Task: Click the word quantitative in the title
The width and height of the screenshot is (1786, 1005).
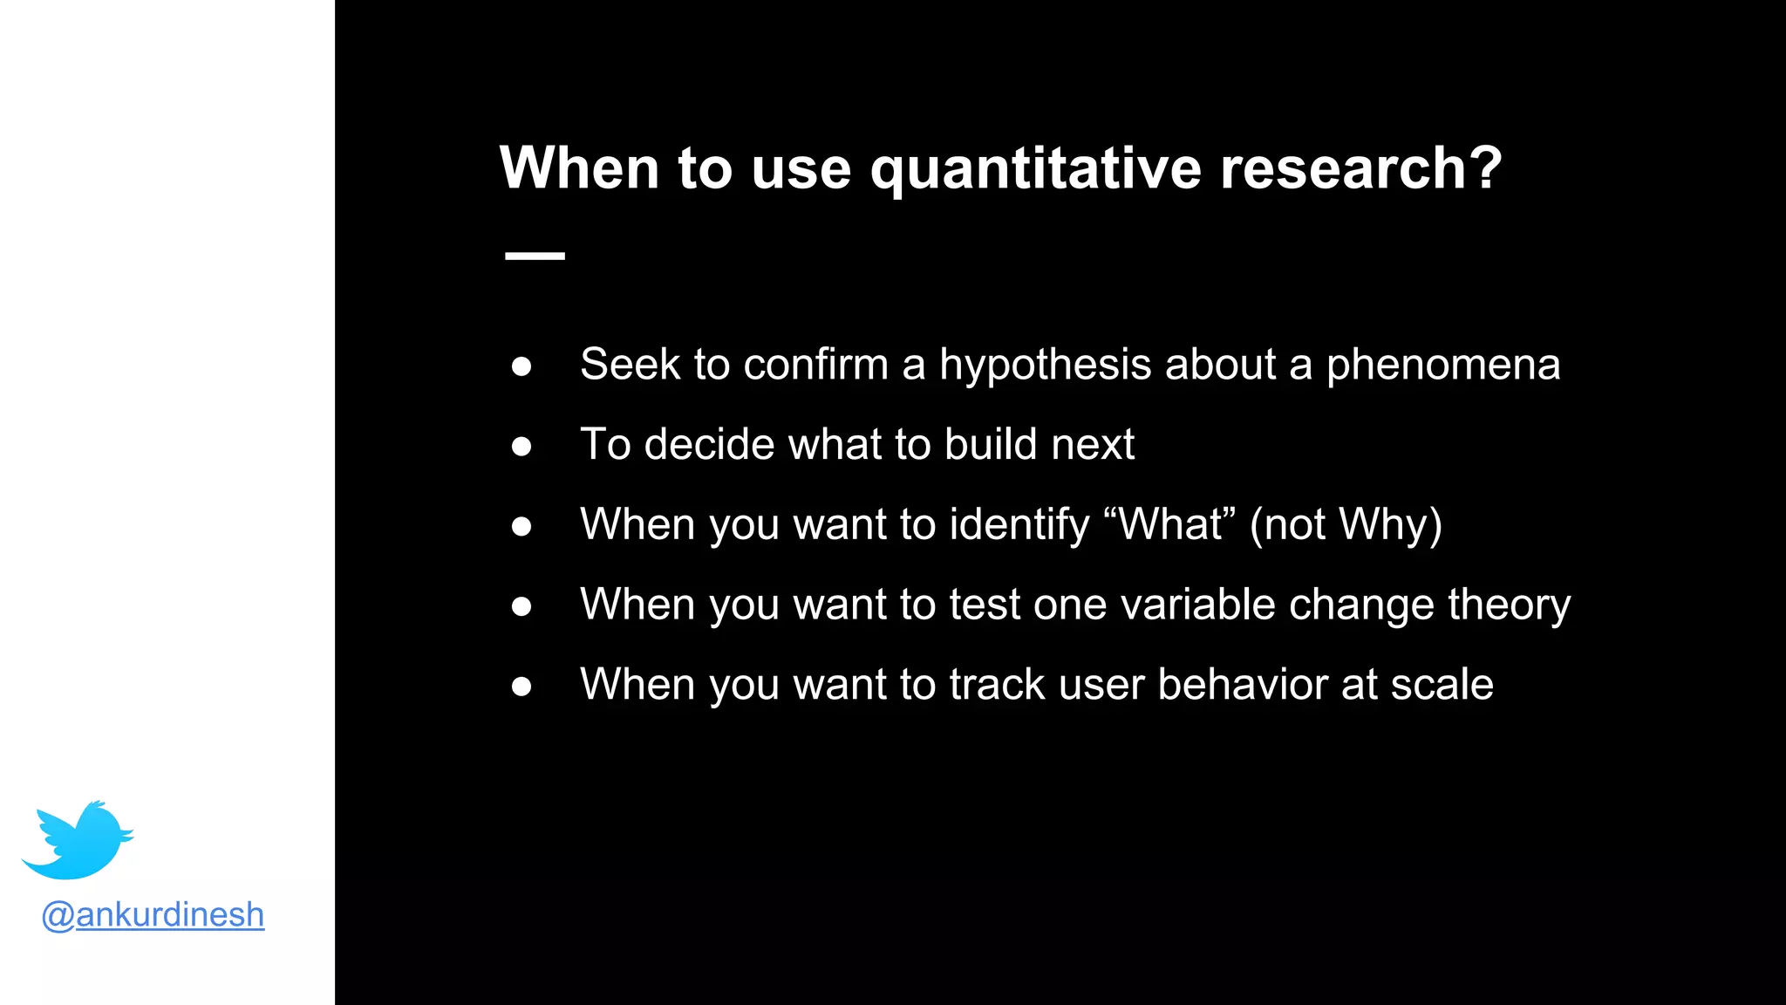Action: click(1036, 168)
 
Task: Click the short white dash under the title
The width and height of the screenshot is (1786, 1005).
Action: click(535, 256)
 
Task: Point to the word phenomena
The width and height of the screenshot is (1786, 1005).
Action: click(1442, 365)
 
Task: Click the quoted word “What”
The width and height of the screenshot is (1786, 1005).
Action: click(1169, 524)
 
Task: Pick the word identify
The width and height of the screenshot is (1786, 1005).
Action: click(1019, 525)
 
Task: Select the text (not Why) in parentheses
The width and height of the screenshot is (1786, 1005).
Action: click(1346, 525)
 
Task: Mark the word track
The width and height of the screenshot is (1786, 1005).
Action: click(996, 685)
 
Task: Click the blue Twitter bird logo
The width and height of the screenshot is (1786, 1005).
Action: click(78, 840)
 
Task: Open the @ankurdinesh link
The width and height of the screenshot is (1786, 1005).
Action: click(153, 914)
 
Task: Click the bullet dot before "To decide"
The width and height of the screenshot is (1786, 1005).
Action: click(521, 447)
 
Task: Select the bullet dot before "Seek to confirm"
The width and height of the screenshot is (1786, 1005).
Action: click(521, 366)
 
